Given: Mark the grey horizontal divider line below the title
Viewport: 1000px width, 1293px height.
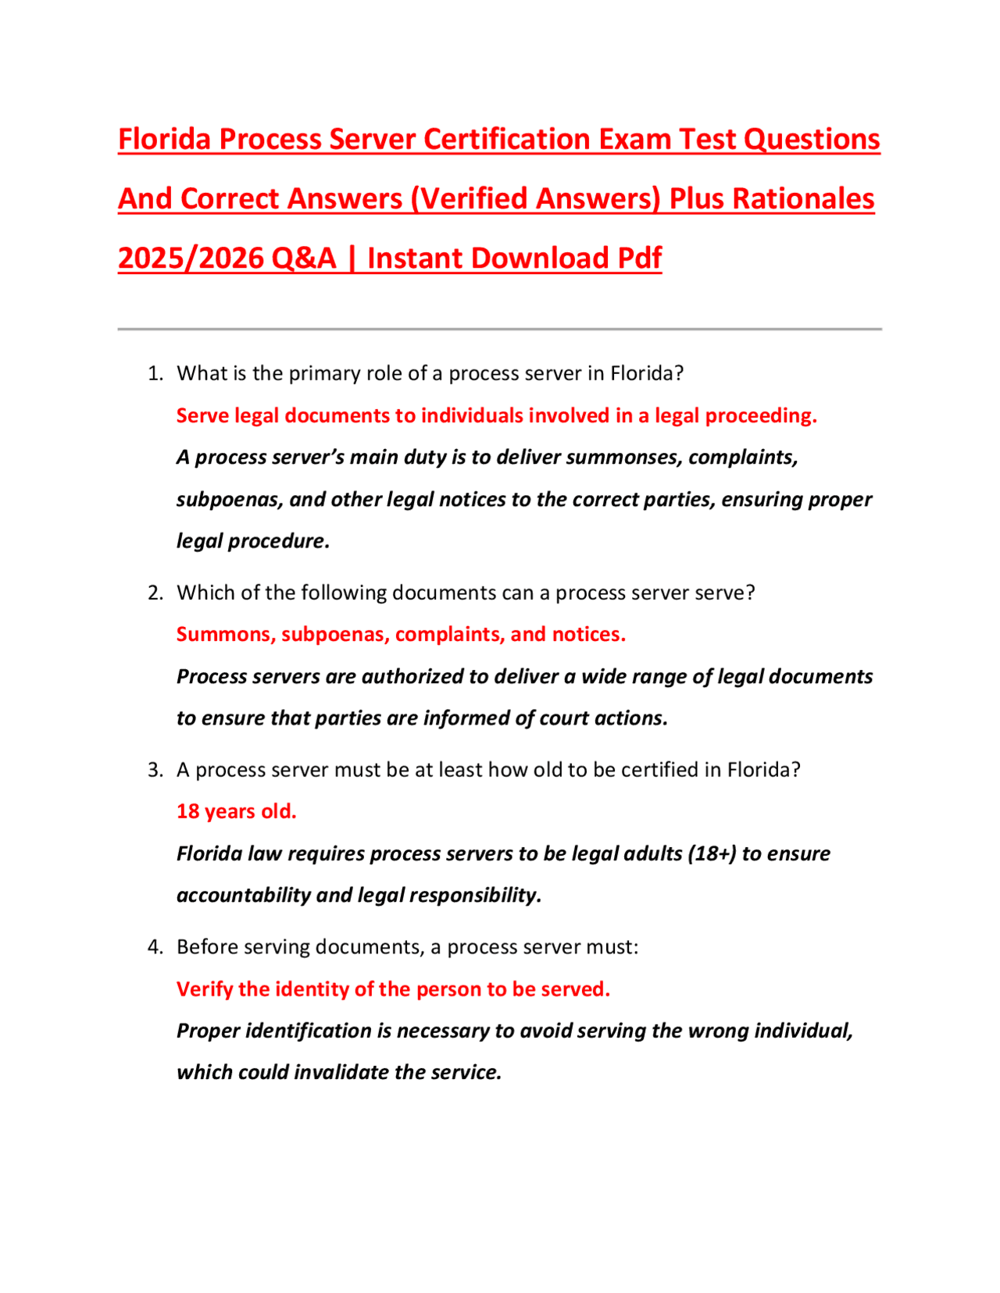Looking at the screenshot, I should point(500,329).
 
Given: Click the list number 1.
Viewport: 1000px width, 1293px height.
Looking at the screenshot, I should point(155,373).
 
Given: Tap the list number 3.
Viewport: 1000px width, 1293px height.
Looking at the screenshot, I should point(155,770).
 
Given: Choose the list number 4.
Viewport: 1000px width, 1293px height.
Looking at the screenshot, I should point(155,947).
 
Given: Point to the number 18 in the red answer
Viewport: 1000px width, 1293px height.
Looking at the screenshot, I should point(187,811).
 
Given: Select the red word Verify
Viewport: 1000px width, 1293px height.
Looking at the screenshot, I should point(204,989).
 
